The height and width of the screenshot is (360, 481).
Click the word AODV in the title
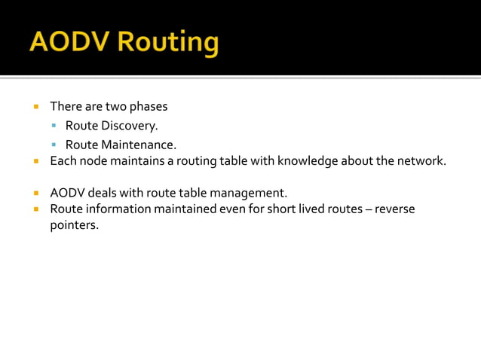67,42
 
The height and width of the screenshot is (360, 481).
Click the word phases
149,106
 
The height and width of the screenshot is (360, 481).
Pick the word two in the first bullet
116,106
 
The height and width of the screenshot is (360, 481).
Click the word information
118,209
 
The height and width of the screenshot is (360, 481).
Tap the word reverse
394,209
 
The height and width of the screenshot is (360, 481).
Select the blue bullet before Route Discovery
54,126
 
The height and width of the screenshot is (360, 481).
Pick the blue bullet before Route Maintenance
54,145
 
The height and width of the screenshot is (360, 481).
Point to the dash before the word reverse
369,209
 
